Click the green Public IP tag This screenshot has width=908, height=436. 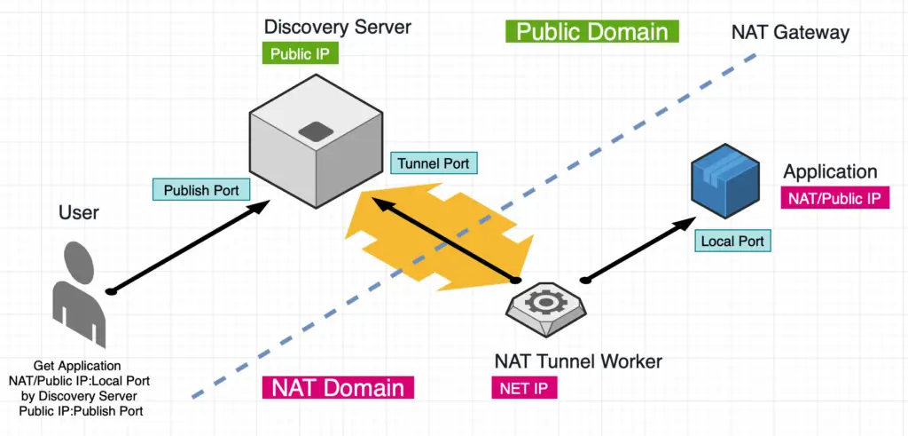coord(300,54)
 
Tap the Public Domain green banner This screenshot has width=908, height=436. coord(591,31)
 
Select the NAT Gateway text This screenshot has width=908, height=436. coord(790,33)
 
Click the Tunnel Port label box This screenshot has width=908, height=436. coord(434,163)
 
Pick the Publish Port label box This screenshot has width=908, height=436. coord(201,190)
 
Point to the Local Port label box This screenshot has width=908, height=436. coord(732,240)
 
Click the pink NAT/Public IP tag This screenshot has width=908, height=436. coord(834,198)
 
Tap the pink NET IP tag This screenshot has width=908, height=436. coord(524,388)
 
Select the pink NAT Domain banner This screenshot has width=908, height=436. coord(338,387)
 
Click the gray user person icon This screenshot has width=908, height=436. coord(79,294)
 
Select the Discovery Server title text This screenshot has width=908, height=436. coord(337,27)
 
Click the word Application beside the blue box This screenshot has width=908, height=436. coord(830,171)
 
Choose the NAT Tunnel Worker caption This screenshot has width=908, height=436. coord(578,361)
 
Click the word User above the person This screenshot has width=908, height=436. coord(79,212)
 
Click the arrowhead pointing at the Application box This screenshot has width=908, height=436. coord(687,223)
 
